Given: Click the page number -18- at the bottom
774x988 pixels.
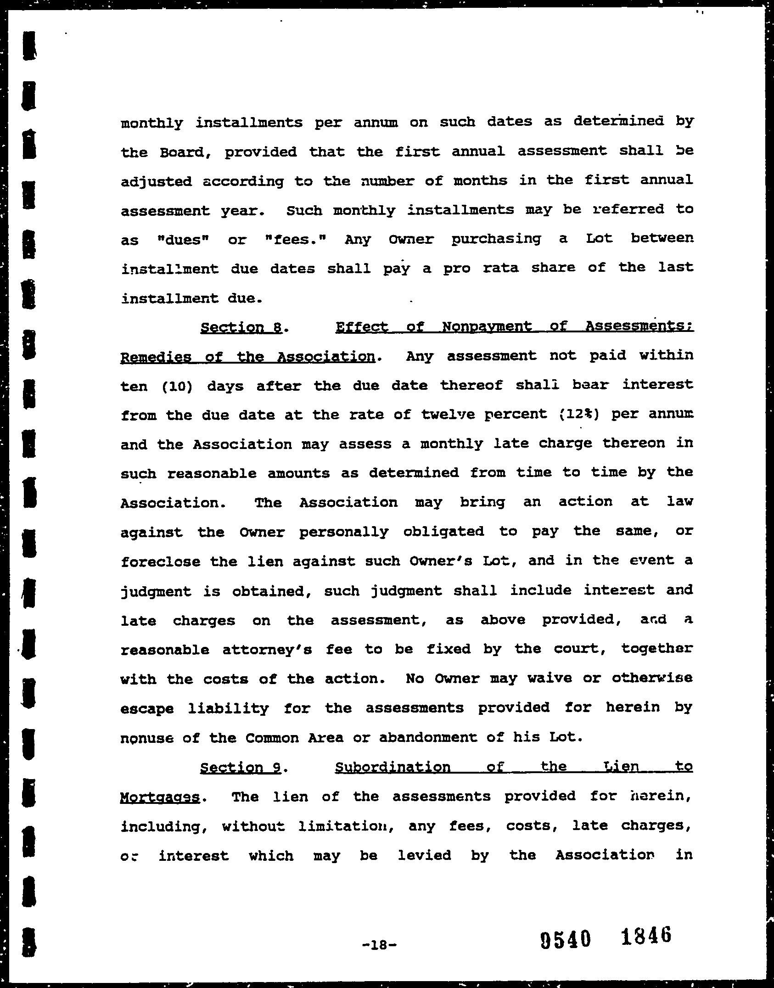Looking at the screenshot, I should point(379,944).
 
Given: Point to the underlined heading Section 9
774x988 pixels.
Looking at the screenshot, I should point(240,768).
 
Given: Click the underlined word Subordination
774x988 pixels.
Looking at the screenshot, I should point(393,767).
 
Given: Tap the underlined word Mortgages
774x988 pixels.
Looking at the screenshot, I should point(160,797).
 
